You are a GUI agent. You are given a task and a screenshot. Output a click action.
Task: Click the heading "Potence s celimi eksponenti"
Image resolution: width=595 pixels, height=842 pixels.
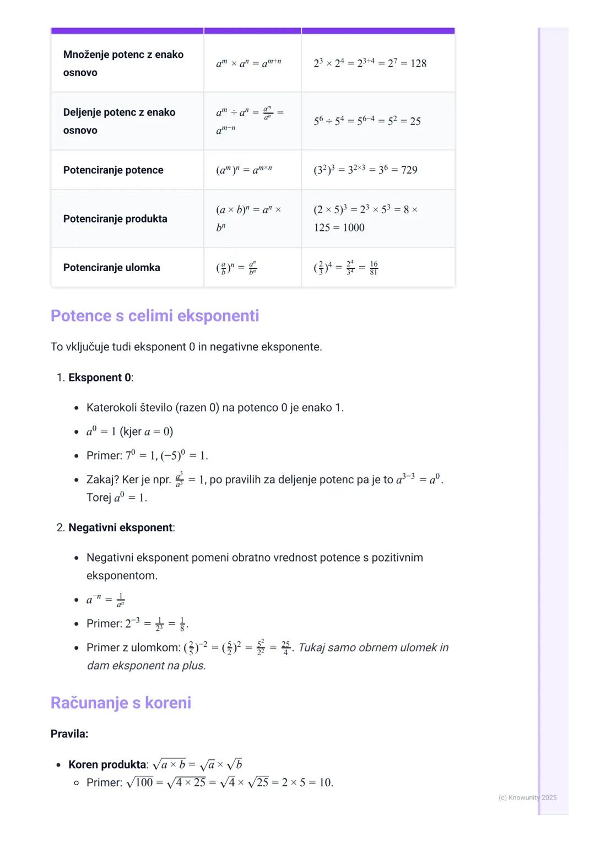(x=154, y=316)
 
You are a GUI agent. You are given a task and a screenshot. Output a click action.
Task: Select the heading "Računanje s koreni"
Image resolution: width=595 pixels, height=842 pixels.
(x=121, y=703)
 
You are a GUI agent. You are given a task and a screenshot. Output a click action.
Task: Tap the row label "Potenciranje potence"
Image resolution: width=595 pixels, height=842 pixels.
(x=113, y=170)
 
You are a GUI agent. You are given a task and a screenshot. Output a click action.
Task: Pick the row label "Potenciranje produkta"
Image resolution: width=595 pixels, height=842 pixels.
(x=115, y=219)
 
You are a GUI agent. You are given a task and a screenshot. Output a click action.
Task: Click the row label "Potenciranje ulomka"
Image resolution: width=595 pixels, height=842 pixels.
(x=111, y=267)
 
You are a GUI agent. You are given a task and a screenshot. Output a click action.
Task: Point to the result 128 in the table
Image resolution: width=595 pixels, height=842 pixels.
(x=418, y=63)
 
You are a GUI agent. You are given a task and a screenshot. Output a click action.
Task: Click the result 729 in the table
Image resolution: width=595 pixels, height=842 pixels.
(x=409, y=170)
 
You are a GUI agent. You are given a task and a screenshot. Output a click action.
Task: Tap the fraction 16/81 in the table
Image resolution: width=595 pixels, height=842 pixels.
(x=374, y=268)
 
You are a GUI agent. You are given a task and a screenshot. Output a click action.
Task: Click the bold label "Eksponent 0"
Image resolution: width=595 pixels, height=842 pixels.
(x=100, y=377)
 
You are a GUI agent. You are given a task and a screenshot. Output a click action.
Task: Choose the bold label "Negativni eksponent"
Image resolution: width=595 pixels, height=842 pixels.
(x=120, y=527)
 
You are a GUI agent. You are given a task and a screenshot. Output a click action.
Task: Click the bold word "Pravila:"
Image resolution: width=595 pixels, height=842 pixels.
(x=69, y=733)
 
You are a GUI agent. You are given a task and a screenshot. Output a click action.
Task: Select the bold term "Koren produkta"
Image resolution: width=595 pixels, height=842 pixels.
(x=107, y=764)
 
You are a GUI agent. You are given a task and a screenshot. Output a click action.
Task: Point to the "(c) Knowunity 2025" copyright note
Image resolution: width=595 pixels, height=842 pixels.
(x=527, y=797)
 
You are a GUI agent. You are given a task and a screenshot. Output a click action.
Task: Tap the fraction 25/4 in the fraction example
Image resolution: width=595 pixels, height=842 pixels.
(x=285, y=647)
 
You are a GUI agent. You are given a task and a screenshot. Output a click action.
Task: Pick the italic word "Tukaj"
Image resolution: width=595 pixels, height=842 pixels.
(x=311, y=647)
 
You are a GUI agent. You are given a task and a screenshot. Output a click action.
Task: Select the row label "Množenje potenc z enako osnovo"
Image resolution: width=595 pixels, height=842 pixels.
(x=123, y=63)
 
